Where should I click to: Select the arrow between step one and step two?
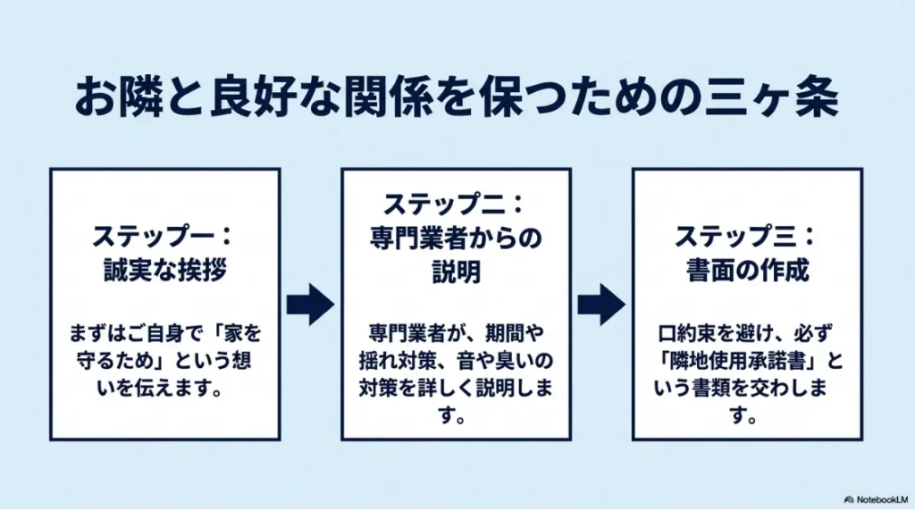coord(310,305)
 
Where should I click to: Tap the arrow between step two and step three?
coord(601,305)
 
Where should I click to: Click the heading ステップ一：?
coord(164,238)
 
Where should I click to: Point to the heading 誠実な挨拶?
coord(164,271)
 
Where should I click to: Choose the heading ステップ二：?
coord(456,205)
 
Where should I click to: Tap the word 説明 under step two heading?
coord(456,272)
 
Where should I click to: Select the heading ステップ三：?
coord(746,238)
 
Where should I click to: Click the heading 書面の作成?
coord(746,271)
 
